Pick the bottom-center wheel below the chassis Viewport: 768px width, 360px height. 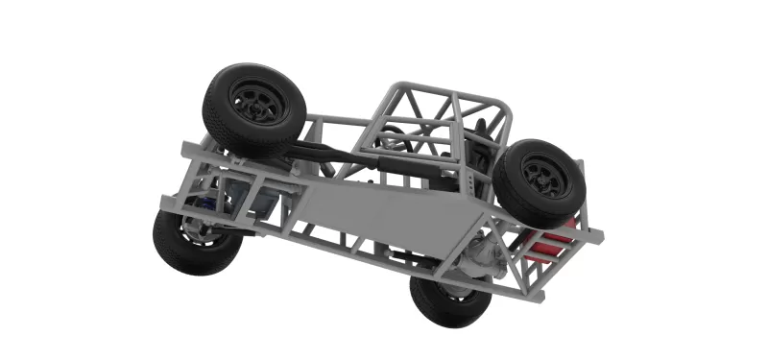(x=449, y=300)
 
